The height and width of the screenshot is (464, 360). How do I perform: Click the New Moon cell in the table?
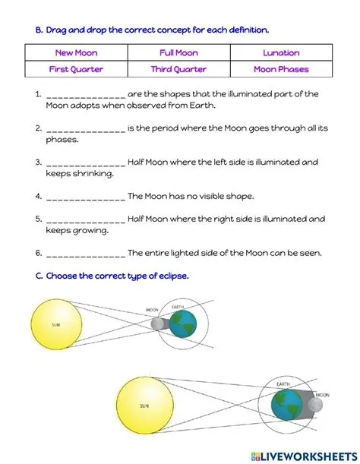point(76,53)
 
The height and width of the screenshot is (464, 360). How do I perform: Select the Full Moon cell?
point(178,53)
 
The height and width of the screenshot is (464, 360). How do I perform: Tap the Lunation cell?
point(281,53)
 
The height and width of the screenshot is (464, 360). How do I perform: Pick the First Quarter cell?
point(76,69)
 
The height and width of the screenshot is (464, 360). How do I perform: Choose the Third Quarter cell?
point(178,69)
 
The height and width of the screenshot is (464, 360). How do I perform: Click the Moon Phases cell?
point(281,69)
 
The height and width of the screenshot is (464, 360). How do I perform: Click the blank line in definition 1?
point(85,96)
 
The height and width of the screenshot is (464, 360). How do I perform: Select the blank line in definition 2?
point(85,129)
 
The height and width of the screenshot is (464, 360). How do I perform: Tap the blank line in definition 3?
point(85,163)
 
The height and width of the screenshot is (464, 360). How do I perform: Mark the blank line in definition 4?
point(85,197)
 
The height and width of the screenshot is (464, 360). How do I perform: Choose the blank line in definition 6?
point(85,253)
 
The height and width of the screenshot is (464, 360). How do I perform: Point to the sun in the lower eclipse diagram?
point(144,406)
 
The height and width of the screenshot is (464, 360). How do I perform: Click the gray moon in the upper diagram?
point(157,324)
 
